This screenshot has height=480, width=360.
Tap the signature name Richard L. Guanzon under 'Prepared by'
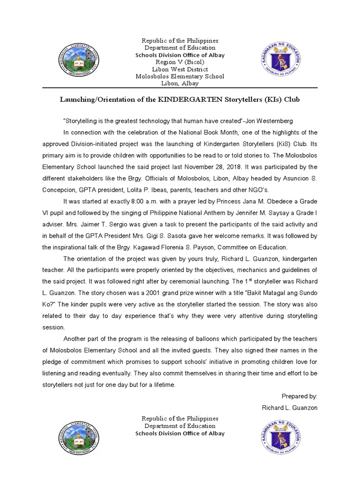coord(290,407)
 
